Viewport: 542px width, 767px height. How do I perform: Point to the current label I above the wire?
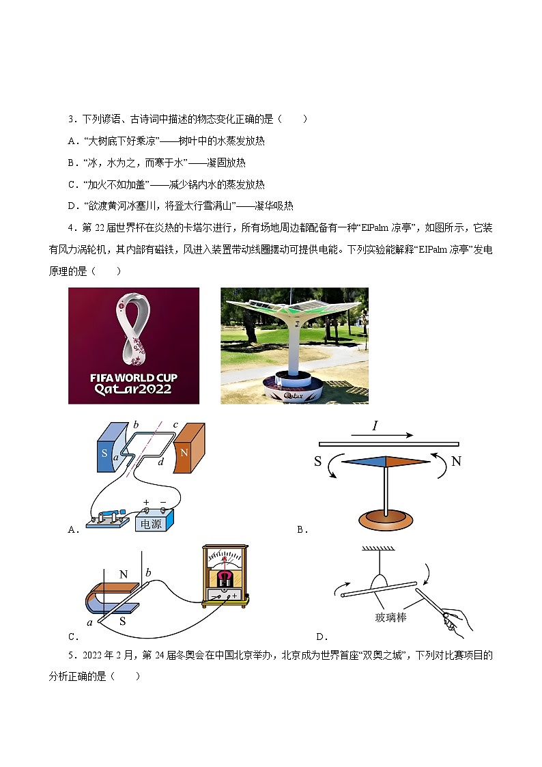pos(375,427)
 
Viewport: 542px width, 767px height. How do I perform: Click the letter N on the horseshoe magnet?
pos(124,574)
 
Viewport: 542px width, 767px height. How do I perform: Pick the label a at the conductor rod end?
pos(89,622)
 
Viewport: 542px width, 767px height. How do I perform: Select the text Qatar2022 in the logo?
pos(133,389)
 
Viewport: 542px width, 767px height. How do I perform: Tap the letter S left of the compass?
pos(318,462)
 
